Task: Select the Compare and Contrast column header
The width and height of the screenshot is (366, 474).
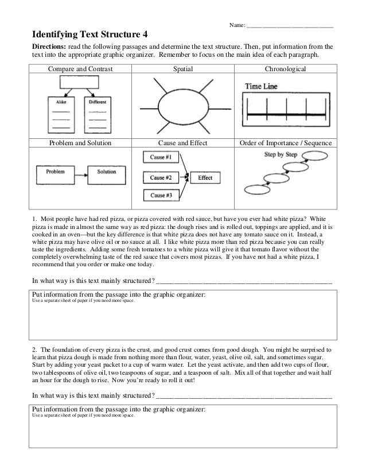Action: [80, 69]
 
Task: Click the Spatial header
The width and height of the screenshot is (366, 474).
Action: [183, 69]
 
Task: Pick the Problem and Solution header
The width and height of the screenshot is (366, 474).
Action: [80, 143]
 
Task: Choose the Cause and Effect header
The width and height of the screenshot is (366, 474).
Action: [183, 143]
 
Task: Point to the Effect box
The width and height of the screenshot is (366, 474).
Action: [205, 178]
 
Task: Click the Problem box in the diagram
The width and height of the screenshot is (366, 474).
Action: [55, 172]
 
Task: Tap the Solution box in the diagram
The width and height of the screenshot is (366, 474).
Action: [107, 172]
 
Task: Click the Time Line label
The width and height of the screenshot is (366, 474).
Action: [262, 86]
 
